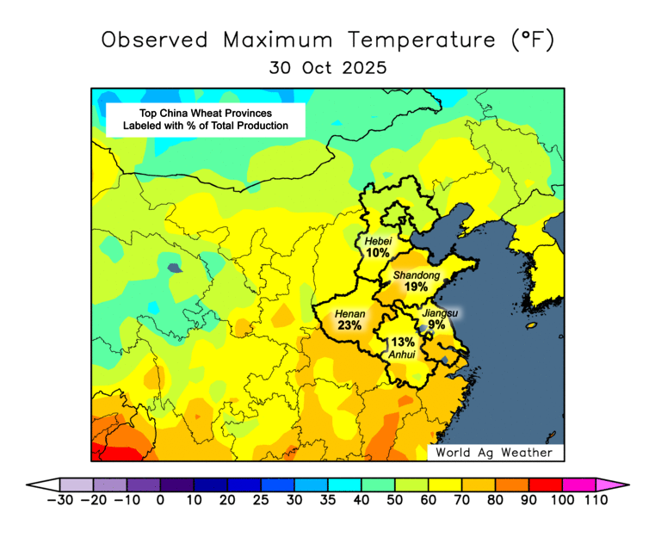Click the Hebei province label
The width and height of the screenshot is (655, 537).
(x=378, y=241)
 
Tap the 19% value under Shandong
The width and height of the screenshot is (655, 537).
(x=416, y=287)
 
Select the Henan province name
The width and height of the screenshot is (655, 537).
(x=350, y=314)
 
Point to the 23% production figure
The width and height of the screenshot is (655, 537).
(x=349, y=326)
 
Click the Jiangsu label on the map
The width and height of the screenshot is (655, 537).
(x=440, y=313)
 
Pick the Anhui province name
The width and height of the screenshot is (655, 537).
(x=403, y=354)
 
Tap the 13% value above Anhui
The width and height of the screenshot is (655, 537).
(x=403, y=342)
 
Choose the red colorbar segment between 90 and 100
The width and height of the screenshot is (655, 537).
(x=545, y=485)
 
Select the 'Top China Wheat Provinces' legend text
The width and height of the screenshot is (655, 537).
(x=206, y=113)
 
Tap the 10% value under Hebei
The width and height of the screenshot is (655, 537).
(x=377, y=253)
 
